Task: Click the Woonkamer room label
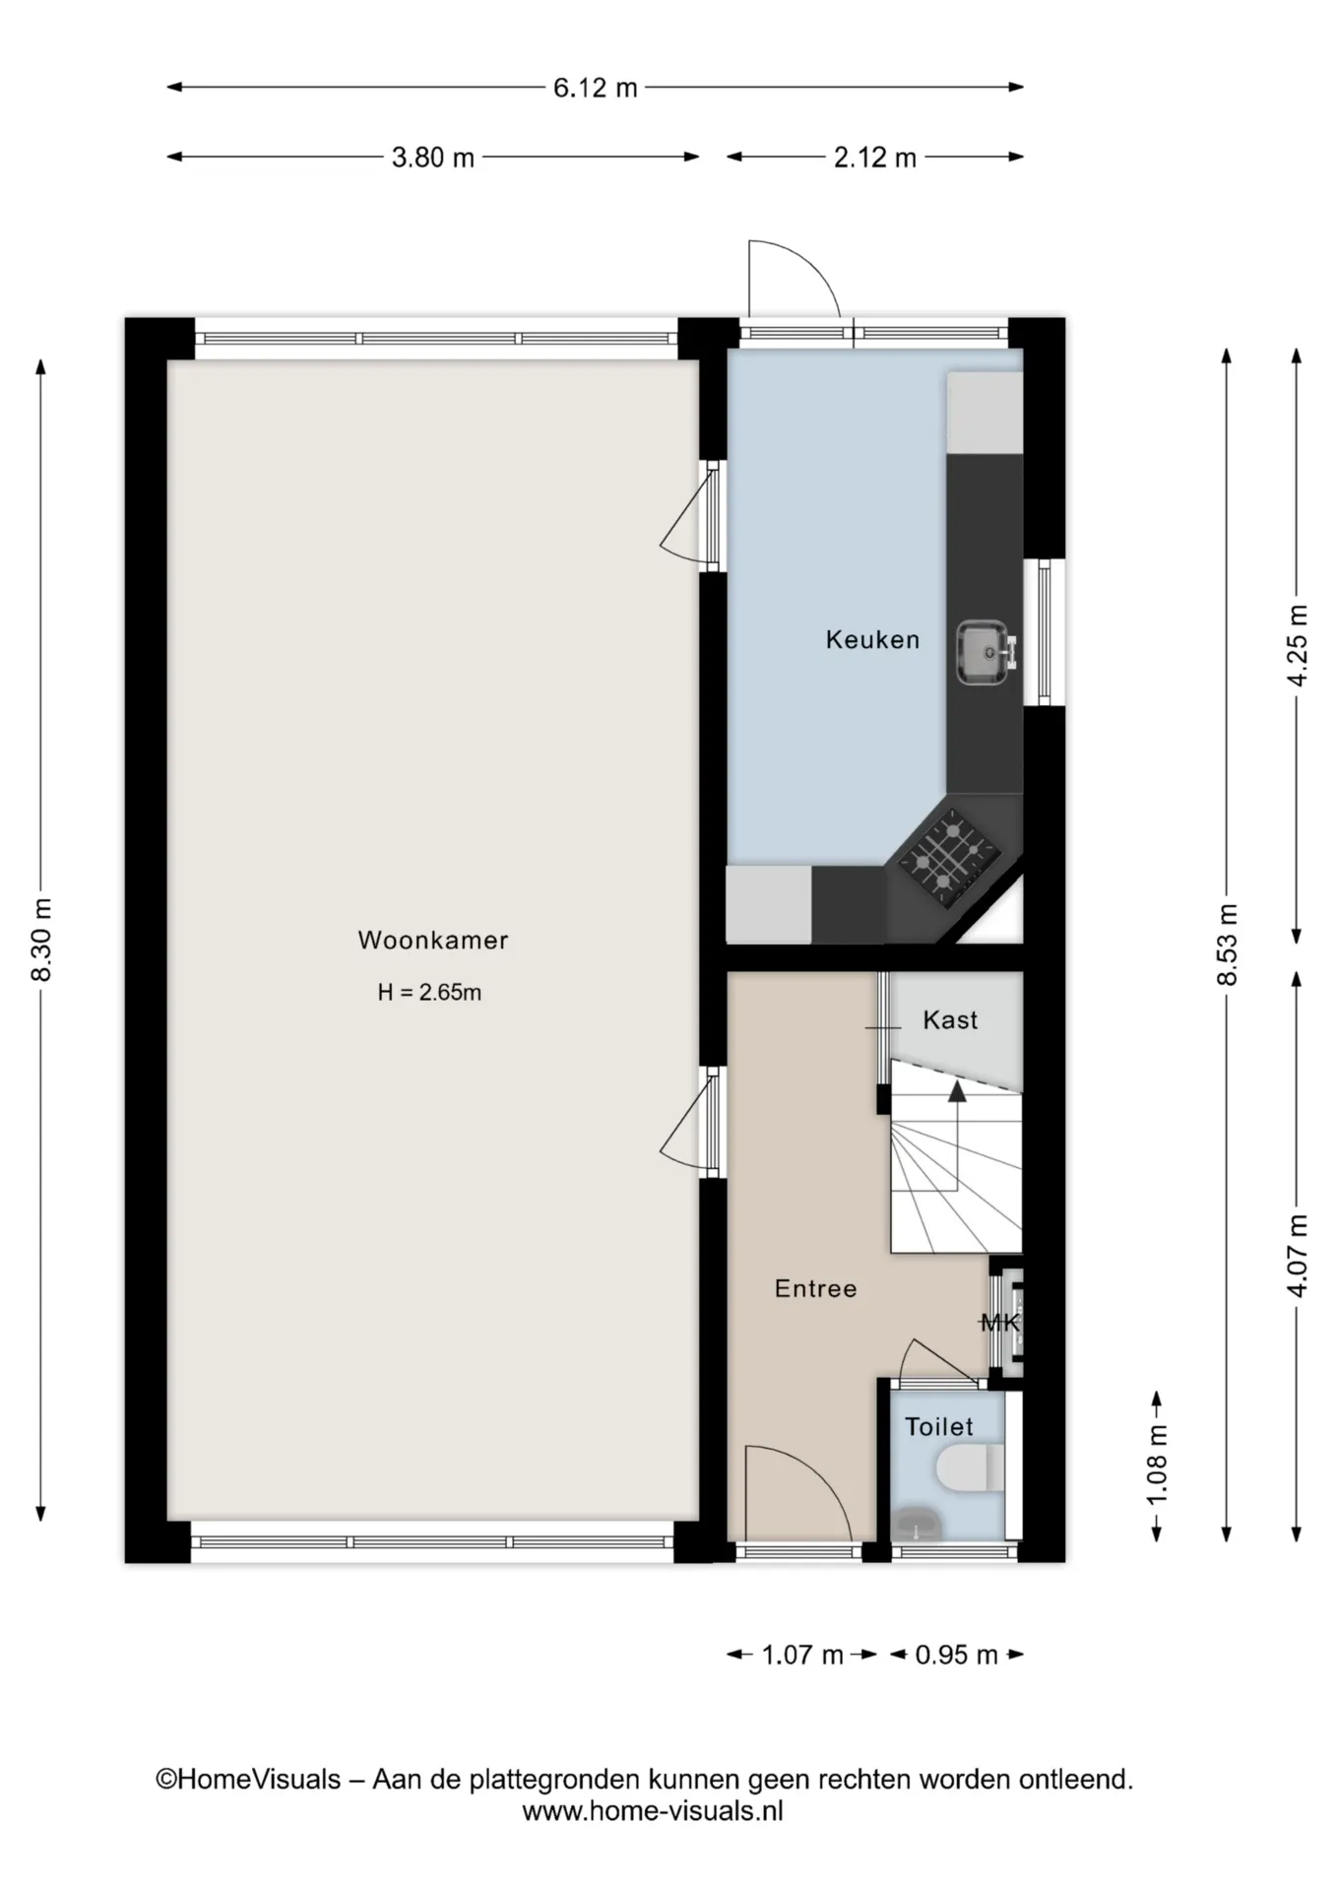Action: [433, 941]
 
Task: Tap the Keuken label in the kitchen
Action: [872, 640]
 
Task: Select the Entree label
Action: [815, 1288]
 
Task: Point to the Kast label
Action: [950, 1020]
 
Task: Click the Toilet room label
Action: [939, 1426]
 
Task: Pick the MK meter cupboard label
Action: [1000, 1323]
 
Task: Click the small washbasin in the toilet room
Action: [918, 1525]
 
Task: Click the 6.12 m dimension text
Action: [596, 88]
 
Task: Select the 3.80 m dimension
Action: [433, 158]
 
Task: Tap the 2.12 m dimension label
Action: [875, 158]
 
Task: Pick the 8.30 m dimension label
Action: [42, 940]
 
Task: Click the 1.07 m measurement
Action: [802, 1655]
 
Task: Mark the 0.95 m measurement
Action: [957, 1655]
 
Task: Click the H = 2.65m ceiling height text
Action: [430, 993]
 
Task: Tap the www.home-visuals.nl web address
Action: [653, 1810]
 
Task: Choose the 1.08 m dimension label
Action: [1158, 1465]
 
